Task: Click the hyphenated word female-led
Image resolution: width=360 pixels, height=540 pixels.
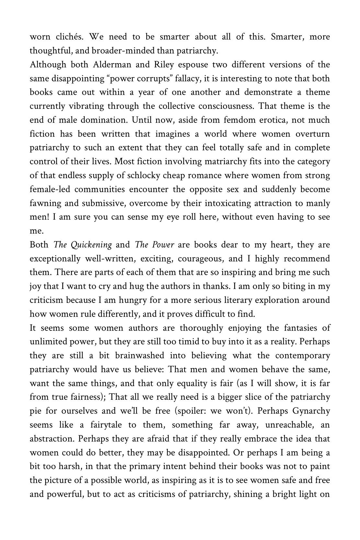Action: (50, 189)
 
